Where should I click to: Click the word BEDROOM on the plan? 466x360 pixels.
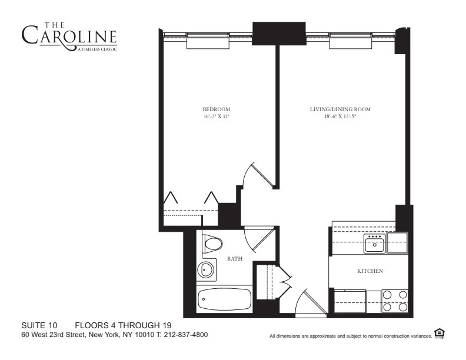[x=216, y=109]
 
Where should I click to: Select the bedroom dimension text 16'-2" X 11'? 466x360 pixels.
[x=216, y=117]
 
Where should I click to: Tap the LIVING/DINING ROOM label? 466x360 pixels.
[x=340, y=109]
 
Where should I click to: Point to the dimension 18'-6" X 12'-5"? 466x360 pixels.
[x=340, y=117]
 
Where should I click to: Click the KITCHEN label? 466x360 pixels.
[x=371, y=271]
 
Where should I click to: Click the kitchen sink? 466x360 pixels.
[x=374, y=243]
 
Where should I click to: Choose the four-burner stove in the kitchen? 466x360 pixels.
[x=395, y=301]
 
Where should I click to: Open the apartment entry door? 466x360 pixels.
[x=308, y=302]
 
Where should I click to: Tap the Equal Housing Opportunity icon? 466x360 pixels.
[x=440, y=334]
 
